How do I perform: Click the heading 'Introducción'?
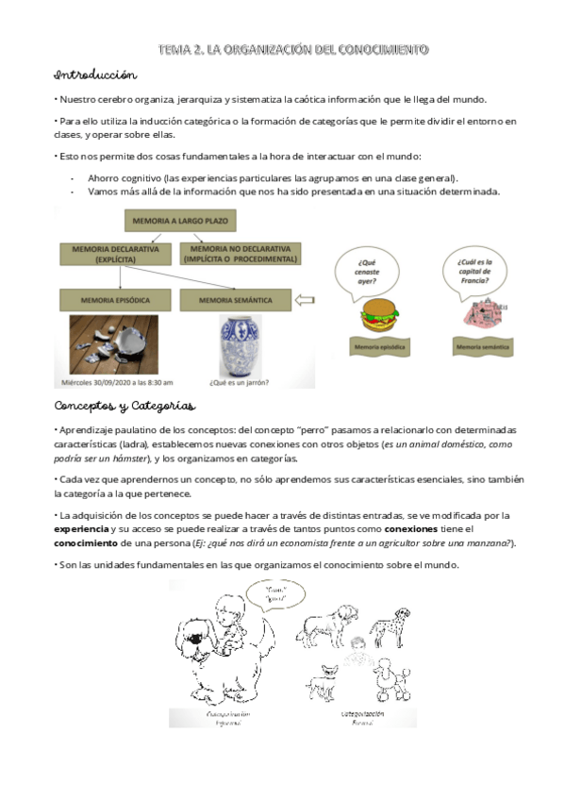[x=96, y=75]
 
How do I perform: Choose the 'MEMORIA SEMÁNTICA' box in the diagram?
[x=236, y=301]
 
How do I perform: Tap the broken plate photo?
[x=117, y=344]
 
